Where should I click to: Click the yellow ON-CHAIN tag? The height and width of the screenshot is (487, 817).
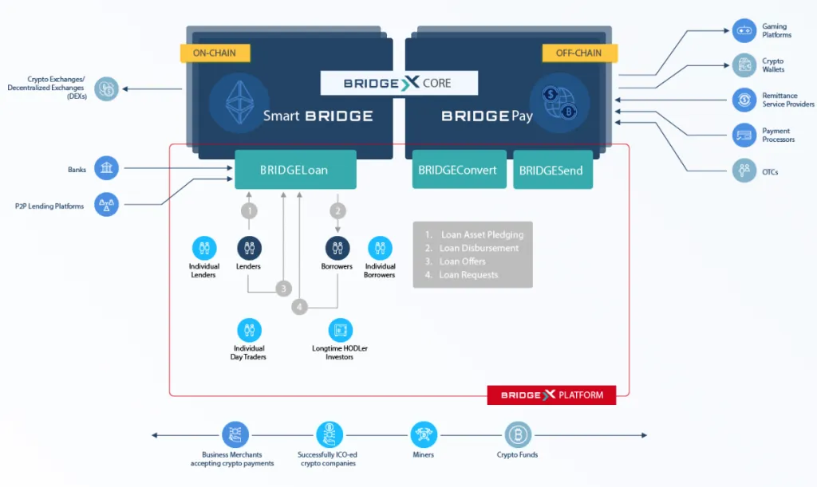(215, 53)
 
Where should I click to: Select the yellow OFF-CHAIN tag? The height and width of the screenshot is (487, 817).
(579, 53)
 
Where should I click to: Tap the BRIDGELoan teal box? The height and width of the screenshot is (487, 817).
(295, 170)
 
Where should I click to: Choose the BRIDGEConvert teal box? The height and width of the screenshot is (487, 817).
(459, 169)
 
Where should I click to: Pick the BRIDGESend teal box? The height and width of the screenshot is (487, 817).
(553, 170)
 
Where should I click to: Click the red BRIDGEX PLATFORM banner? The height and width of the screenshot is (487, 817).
(551, 395)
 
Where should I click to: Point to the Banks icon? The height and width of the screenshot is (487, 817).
(106, 168)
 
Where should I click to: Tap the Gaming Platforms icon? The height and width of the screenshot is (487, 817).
(744, 31)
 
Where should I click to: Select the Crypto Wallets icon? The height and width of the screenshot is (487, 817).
(744, 65)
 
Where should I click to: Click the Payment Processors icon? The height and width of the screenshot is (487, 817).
(744, 135)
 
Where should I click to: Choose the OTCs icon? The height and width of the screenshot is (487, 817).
(744, 170)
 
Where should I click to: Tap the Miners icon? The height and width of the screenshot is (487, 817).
(424, 434)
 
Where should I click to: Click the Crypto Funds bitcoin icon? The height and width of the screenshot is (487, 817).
(518, 434)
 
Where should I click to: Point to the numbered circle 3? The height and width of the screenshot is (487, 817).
(283, 289)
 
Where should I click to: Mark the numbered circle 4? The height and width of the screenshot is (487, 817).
(299, 307)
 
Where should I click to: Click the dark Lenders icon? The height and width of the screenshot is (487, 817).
(249, 248)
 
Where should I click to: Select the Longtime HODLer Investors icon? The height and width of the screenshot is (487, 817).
(340, 331)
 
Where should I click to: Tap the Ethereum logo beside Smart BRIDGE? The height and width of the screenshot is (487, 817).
(239, 102)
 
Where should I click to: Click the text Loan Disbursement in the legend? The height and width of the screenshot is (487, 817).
(479, 248)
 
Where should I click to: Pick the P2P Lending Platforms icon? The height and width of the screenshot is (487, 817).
(106, 205)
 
